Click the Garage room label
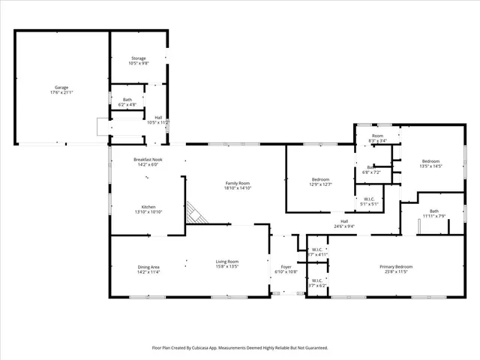pos(61,87)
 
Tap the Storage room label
pos(138,58)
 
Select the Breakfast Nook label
pos(148,159)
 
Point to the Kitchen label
pos(148,207)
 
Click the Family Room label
pos(237,183)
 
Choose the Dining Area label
pos(148,267)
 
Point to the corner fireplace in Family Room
pos(196,214)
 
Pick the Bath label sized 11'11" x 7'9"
pos(434,211)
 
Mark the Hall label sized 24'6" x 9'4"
pos(344,221)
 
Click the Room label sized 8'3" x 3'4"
pos(377,136)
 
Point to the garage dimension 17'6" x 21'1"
pos(61,91)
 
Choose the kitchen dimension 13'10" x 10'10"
pos(148,212)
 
